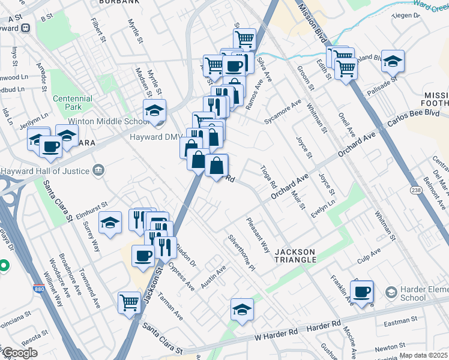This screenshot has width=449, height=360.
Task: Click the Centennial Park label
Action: point(72,103)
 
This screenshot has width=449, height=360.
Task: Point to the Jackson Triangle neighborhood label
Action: point(295,255)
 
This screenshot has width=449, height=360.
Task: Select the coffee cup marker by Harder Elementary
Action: point(361,292)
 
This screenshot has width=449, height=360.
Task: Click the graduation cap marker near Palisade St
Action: point(393,61)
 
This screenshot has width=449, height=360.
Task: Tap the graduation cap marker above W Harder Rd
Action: point(242,310)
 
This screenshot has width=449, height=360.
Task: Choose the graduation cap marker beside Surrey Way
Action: point(110,224)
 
